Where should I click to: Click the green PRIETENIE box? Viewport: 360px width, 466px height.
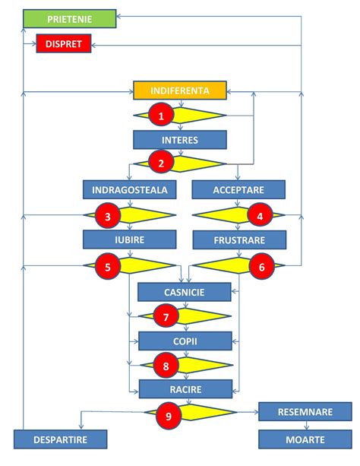click(69, 18)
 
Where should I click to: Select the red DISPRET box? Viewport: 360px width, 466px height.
click(65, 45)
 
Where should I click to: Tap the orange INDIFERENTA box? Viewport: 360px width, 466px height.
click(181, 90)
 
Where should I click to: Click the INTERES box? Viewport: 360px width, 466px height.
click(180, 140)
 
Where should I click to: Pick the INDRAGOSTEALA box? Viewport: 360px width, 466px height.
click(130, 189)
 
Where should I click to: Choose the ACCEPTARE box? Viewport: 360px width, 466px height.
click(238, 189)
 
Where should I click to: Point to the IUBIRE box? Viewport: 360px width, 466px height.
click(130, 240)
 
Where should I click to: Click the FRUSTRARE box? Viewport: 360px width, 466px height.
click(239, 240)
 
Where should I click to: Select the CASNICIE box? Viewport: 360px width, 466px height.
click(182, 291)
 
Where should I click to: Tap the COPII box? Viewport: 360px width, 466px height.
click(182, 340)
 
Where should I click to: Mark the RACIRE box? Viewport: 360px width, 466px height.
click(182, 388)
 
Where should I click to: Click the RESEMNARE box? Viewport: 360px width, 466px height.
click(305, 412)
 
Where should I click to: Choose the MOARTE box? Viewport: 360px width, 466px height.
click(305, 439)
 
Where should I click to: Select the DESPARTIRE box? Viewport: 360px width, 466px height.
click(60, 439)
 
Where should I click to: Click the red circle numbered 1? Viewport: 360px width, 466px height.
click(160, 115)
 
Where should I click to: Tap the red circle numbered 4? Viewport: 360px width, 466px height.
click(261, 215)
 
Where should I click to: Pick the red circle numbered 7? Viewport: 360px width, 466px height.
click(165, 315)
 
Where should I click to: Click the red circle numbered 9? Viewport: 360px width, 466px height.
click(167, 414)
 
